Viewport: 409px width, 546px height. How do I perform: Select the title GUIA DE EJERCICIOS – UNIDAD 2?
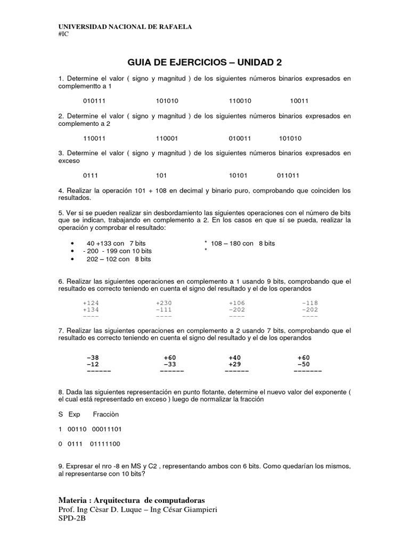pyautogui.click(x=204, y=62)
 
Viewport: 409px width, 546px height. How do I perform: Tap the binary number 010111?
pyautogui.click(x=94, y=101)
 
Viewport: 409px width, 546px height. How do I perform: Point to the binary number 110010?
pyautogui.click(x=240, y=101)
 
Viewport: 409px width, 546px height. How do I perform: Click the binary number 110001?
pyautogui.click(x=167, y=138)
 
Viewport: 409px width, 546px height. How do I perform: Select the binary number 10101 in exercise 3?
pyautogui.click(x=239, y=175)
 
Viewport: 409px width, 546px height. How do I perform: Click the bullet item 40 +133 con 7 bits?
pyautogui.click(x=112, y=243)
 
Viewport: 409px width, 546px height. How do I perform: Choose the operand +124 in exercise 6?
pyautogui.click(x=91, y=303)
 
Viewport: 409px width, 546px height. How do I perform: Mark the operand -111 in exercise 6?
pyautogui.click(x=164, y=309)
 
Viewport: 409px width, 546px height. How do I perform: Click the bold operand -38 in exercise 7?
pyautogui.click(x=92, y=357)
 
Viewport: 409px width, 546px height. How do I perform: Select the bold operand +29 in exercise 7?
pyautogui.click(x=235, y=364)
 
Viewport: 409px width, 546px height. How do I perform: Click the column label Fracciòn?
pyautogui.click(x=106, y=414)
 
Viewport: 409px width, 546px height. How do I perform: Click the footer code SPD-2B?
pyautogui.click(x=71, y=518)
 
